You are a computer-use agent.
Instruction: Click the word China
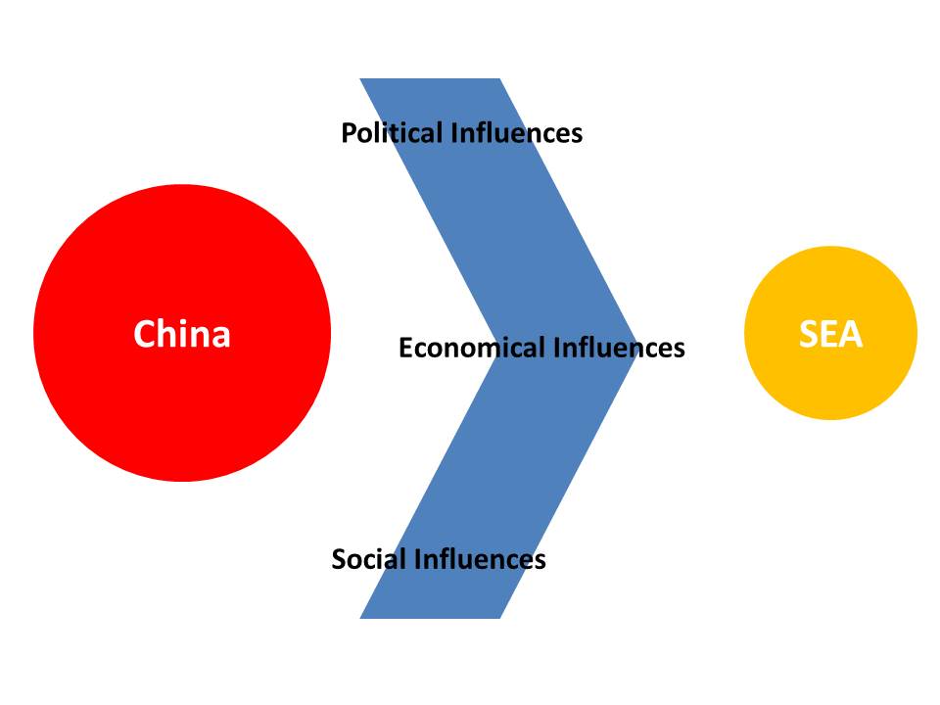[x=182, y=334]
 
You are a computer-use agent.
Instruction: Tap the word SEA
[x=830, y=334]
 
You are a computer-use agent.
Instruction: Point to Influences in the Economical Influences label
[x=619, y=348]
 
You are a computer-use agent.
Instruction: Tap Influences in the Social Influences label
[x=480, y=559]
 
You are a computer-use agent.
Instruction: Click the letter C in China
[x=145, y=334]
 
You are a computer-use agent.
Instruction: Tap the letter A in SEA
[x=849, y=334]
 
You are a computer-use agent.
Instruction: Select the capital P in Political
[x=349, y=132]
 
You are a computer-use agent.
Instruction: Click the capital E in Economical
[x=406, y=348]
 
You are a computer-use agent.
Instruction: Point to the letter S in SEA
[x=810, y=334]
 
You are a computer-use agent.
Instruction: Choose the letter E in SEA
[x=828, y=334]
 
